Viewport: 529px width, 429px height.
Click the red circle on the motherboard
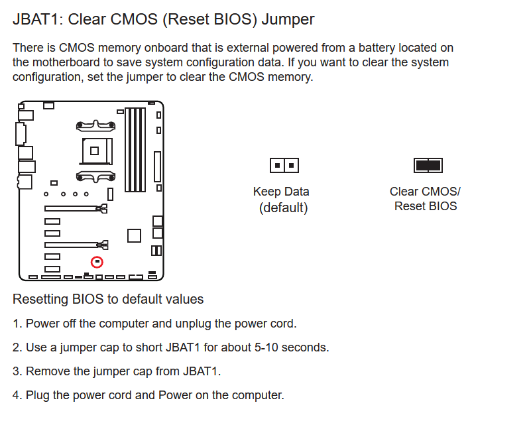pyautogui.click(x=97, y=263)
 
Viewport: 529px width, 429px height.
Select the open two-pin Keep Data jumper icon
pyautogui.click(x=284, y=165)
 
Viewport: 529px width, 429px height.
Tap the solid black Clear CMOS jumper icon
pyautogui.click(x=428, y=165)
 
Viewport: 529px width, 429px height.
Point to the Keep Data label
pyautogui.click(x=281, y=192)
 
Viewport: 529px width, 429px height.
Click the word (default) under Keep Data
pyautogui.click(x=283, y=208)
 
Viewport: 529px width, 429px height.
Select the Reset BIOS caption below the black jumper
pyautogui.click(x=426, y=206)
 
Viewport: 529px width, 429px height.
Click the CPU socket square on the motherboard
pyautogui.click(x=95, y=151)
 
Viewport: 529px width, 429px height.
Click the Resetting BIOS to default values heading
pyautogui.click(x=108, y=299)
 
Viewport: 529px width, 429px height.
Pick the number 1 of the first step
pyautogui.click(x=17, y=324)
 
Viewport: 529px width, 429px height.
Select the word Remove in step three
pyautogui.click(x=46, y=371)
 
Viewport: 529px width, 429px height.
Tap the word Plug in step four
pyautogui.click(x=38, y=395)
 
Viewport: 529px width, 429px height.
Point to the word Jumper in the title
pyautogui.click(x=288, y=19)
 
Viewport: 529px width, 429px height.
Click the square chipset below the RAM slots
pyautogui.click(x=134, y=235)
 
